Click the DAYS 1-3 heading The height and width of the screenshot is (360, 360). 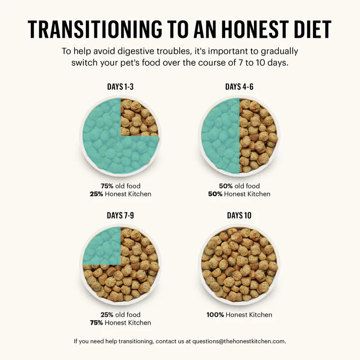coord(120,87)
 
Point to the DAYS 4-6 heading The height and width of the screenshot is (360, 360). coord(239,87)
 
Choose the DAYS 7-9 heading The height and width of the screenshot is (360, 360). coord(120,216)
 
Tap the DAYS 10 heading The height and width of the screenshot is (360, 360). coord(239,216)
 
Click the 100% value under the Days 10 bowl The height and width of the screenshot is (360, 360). coord(215,315)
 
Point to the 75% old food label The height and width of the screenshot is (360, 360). coord(120,186)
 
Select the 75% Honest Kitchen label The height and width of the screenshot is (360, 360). coord(120,323)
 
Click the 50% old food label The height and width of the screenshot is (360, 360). coord(239,186)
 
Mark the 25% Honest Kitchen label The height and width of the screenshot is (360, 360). coord(120,194)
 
